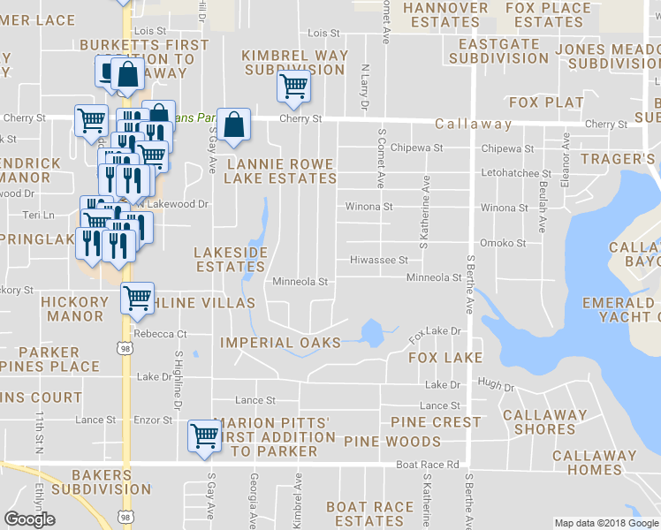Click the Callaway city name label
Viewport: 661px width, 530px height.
coord(474,125)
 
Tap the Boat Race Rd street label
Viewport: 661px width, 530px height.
coord(428,464)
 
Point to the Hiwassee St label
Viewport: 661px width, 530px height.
coord(378,261)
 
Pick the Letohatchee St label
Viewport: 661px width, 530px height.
coord(516,174)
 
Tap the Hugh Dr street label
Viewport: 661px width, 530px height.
coord(496,385)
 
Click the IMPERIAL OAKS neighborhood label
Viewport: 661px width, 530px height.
coord(280,343)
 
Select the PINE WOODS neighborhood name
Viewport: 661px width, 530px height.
coord(391,441)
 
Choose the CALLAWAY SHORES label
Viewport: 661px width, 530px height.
coord(544,421)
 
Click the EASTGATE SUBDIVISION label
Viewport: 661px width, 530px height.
coord(498,50)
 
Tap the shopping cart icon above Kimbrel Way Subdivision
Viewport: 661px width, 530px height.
coord(293,86)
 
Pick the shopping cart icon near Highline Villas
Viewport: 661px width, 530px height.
coord(137,299)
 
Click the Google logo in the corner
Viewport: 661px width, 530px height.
coord(29,519)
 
